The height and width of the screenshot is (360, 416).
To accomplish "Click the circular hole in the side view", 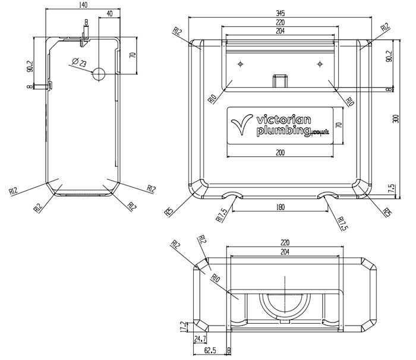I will tap(99, 74).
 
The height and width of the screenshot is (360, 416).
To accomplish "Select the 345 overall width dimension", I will tap(280, 12).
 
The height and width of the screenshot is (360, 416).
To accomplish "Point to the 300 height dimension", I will tap(396, 118).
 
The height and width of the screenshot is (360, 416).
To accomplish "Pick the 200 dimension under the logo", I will tap(280, 153).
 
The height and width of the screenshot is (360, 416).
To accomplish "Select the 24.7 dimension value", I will tap(200, 339).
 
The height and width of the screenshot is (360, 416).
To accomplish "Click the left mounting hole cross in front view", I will tap(241, 63).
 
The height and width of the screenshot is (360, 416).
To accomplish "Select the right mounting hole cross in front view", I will tap(320, 63).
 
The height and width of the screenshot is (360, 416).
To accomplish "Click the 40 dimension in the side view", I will tap(109, 13).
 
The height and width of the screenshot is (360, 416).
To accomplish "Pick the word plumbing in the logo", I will tap(282, 131).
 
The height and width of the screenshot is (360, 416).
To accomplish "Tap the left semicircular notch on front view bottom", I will tap(232, 195).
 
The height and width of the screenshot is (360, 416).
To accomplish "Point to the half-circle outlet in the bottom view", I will tap(286, 303).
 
